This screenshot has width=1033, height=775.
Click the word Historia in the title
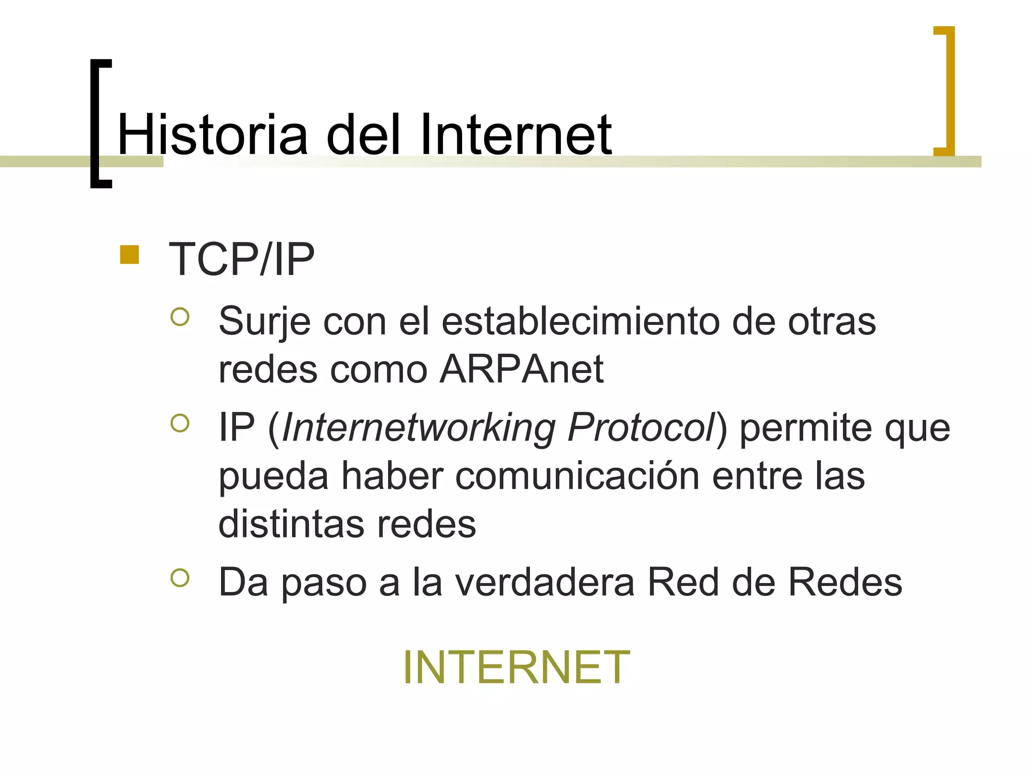pyautogui.click(x=212, y=135)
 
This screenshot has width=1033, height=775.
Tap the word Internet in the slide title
pyautogui.click(x=515, y=135)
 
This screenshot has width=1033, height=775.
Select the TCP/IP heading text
pyautogui.click(x=242, y=259)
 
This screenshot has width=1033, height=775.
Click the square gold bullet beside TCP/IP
pyautogui.click(x=130, y=255)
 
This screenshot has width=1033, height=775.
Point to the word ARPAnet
pyautogui.click(x=522, y=369)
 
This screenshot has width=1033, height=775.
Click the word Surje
pyautogui.click(x=264, y=321)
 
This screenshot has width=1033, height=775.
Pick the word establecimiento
pyautogui.click(x=581, y=321)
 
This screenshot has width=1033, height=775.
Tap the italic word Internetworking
pyautogui.click(x=419, y=428)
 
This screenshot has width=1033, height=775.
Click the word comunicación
pyautogui.click(x=577, y=476)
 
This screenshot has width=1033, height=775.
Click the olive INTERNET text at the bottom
pyautogui.click(x=516, y=667)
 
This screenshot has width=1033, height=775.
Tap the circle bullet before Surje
pyautogui.click(x=180, y=317)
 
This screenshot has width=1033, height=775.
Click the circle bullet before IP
pyautogui.click(x=180, y=423)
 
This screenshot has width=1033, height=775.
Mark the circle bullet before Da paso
pyautogui.click(x=180, y=578)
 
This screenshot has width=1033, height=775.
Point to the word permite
pyautogui.click(x=806, y=428)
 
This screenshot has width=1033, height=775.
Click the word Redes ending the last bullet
pyautogui.click(x=845, y=582)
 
